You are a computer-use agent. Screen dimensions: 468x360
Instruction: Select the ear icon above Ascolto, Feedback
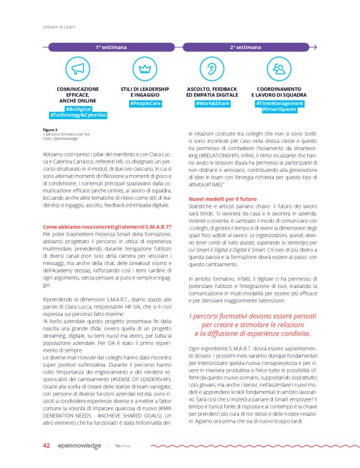pos(212,69)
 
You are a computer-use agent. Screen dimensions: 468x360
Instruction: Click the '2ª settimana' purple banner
pos(246,47)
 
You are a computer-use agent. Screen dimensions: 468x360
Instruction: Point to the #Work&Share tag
pos(212,103)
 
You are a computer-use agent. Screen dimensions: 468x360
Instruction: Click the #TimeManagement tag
pos(279,103)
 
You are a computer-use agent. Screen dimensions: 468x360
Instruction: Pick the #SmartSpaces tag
pos(279,109)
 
